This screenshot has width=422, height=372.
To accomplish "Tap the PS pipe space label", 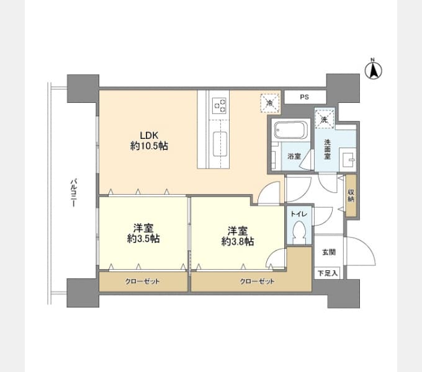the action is tap(304, 97).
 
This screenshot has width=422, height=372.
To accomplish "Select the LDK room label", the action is tap(149, 135).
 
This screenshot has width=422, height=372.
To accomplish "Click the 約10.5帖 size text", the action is tap(149, 146).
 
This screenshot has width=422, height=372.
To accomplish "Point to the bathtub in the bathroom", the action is tap(290, 130).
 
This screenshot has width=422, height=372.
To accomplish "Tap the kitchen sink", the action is tap(220, 144).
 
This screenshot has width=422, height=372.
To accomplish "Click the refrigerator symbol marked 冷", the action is tap(270, 102).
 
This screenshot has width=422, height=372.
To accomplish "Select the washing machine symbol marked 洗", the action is tap(325, 119).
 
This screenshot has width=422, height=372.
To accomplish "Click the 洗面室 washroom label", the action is tap(327, 149).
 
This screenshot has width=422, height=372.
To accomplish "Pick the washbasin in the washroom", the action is tap(347, 160).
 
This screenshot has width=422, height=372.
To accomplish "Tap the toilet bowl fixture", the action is tap(299, 232).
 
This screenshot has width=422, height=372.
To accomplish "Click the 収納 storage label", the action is tap(351, 195).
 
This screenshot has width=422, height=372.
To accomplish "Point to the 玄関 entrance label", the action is tap(329, 252).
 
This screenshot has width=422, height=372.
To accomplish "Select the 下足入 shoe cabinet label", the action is tap(328, 273).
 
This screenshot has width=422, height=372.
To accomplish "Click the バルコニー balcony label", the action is tap(74, 193).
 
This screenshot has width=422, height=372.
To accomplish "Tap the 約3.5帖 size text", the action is tap(143, 239).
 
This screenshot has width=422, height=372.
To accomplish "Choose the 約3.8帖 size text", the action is tap(237, 242).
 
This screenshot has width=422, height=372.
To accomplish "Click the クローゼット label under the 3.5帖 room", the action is tap(142, 281).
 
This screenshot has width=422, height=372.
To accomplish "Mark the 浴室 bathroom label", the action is tap(294, 156).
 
